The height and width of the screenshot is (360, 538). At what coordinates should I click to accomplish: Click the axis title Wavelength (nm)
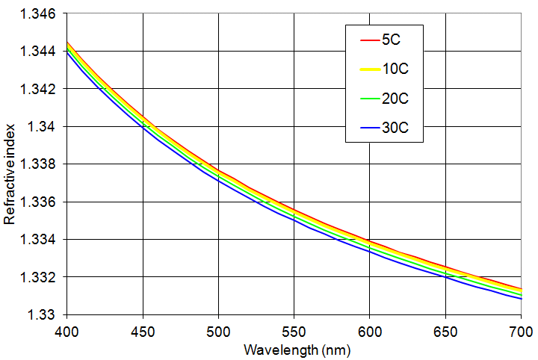pyautogui.click(x=294, y=349)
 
